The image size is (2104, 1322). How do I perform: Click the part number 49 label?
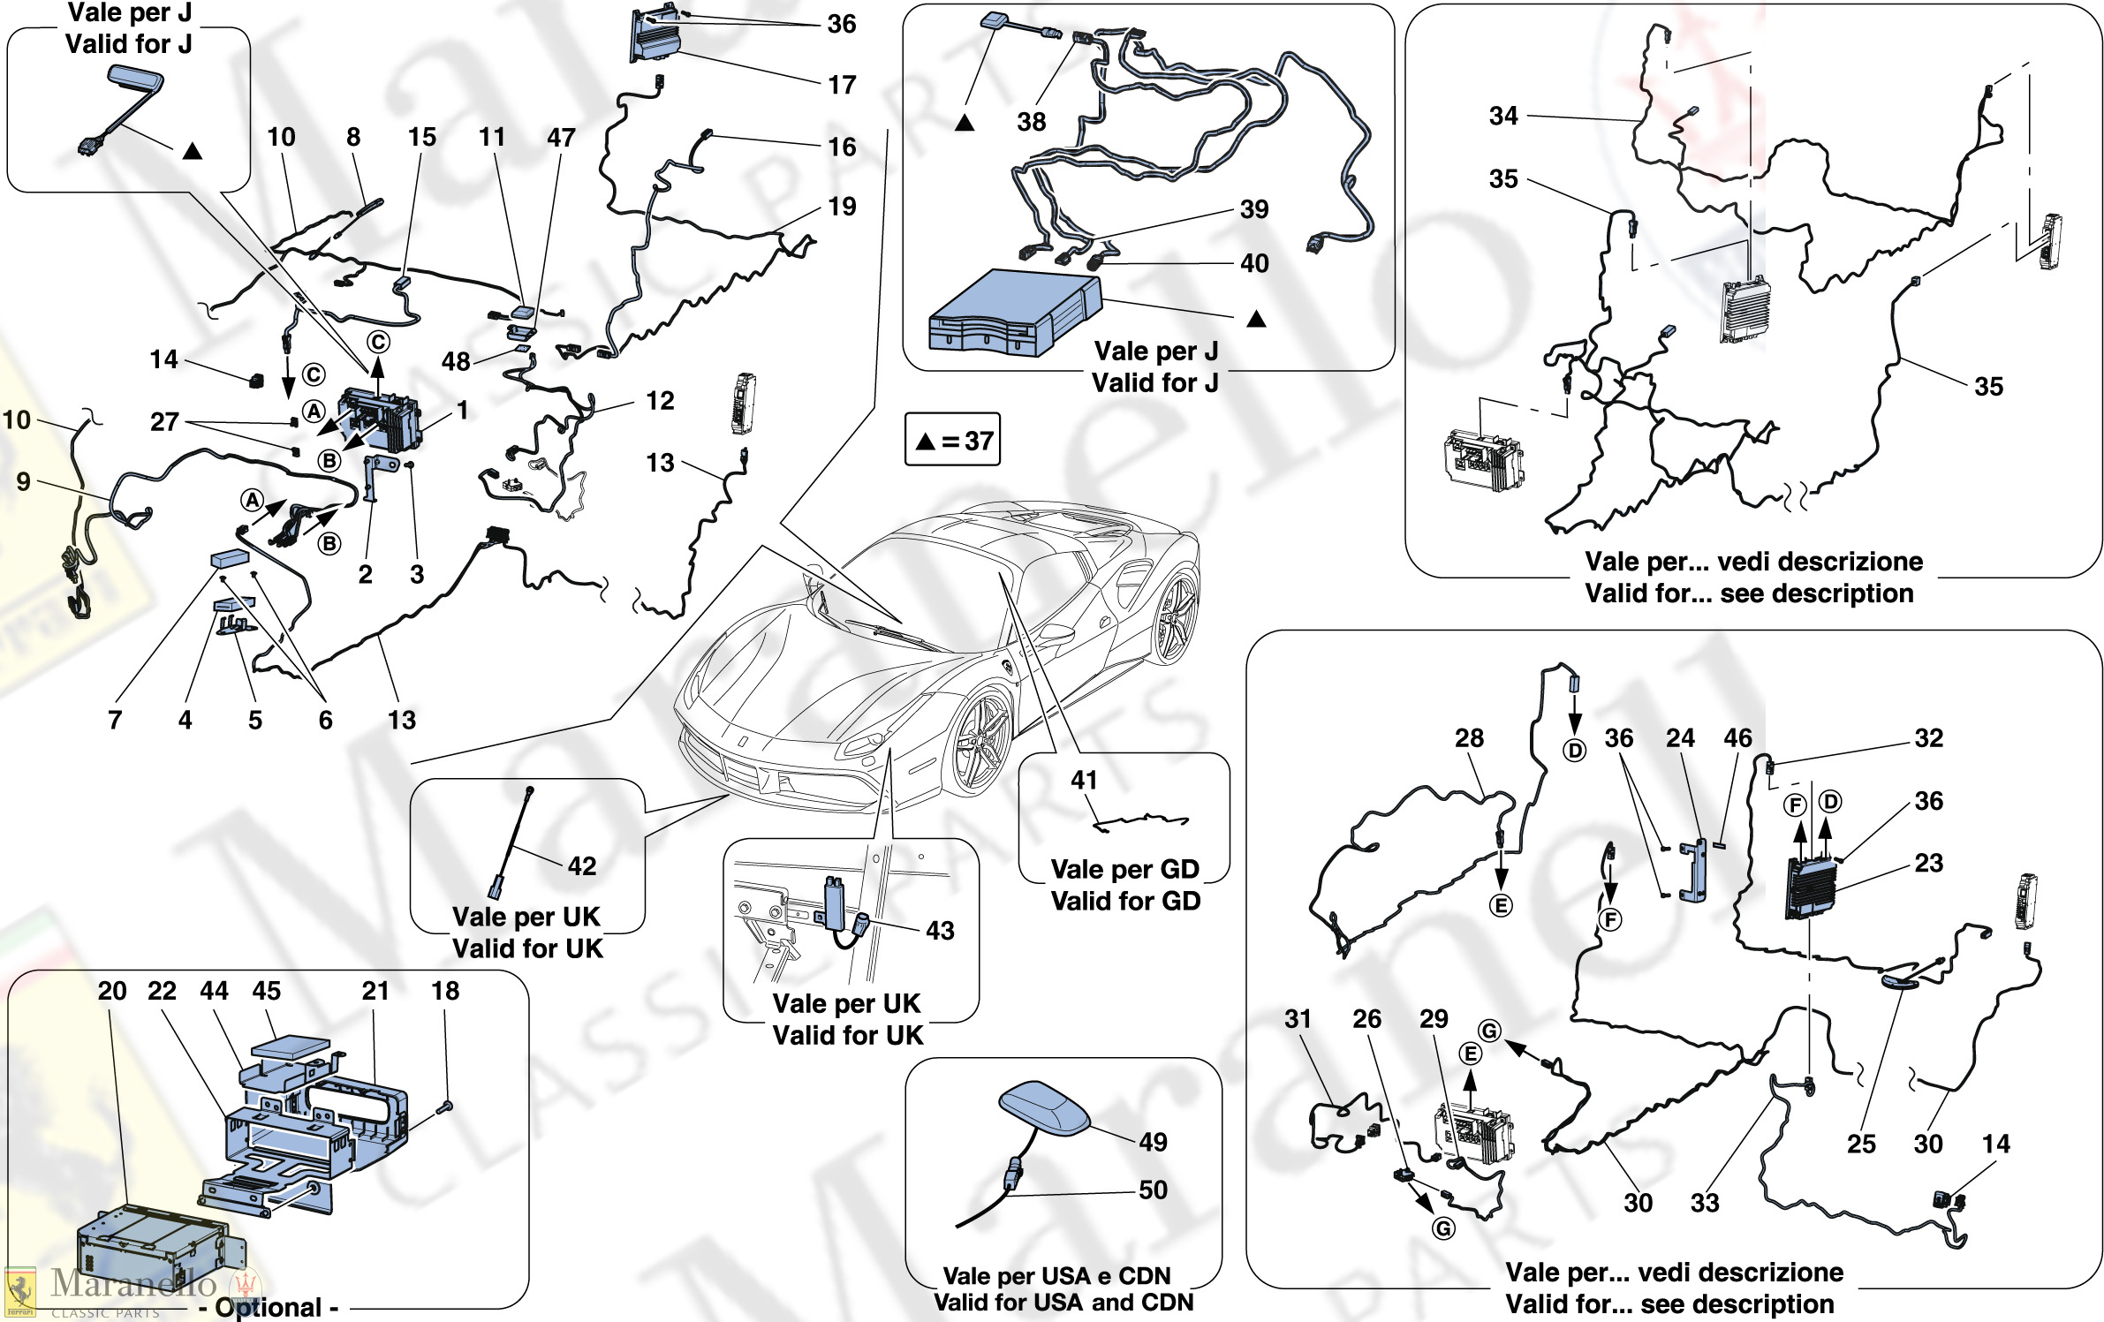pyautogui.click(x=1153, y=1142)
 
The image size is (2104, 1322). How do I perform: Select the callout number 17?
pyautogui.click(x=842, y=85)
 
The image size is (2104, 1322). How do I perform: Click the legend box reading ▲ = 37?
pyautogui.click(x=952, y=440)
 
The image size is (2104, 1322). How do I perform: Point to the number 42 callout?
pyautogui.click(x=582, y=865)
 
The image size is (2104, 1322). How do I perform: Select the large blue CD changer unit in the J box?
pyautogui.click(x=1015, y=313)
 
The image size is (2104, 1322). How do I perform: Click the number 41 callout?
pyautogui.click(x=1084, y=780)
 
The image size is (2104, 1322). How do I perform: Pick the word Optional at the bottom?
pyautogui.click(x=269, y=1307)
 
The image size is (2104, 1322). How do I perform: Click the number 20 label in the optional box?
pyautogui.click(x=112, y=991)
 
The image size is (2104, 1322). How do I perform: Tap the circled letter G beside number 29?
pyautogui.click(x=1489, y=1031)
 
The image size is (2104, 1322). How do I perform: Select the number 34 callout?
pyautogui.click(x=1503, y=116)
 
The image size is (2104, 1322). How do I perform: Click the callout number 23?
pyautogui.click(x=1928, y=863)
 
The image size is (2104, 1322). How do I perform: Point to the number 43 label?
pyautogui.click(x=940, y=930)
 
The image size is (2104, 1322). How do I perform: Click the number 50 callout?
pyautogui.click(x=1153, y=1190)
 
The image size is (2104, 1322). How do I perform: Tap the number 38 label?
pyautogui.click(x=1031, y=122)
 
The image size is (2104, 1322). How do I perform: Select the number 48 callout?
pyautogui.click(x=456, y=361)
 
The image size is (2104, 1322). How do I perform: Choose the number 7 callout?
pyautogui.click(x=115, y=720)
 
